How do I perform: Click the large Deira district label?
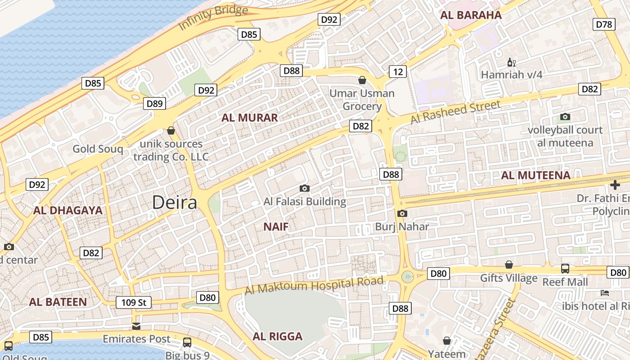tap(175, 202)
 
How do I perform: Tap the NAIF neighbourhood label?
tap(276, 226)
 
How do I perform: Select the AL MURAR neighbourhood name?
tap(250, 118)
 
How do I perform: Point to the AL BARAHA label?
tap(471, 15)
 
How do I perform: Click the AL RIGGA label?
tap(277, 337)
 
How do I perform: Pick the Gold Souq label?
tap(98, 149)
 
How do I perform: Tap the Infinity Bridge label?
tap(213, 18)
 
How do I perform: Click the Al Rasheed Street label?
tap(455, 112)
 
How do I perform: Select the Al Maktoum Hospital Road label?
tap(314, 285)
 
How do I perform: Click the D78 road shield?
tap(604, 24)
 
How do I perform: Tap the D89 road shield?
tap(154, 103)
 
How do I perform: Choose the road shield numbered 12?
tap(397, 72)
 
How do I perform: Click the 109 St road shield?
tap(134, 302)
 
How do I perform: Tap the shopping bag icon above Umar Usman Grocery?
tap(362, 81)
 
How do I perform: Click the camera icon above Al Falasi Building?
tap(305, 188)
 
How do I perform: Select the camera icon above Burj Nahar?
tap(402, 213)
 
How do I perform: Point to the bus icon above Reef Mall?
tap(565, 269)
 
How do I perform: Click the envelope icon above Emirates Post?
tap(136, 326)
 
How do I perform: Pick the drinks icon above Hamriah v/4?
tap(511, 63)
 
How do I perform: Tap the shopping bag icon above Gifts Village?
tap(509, 265)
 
